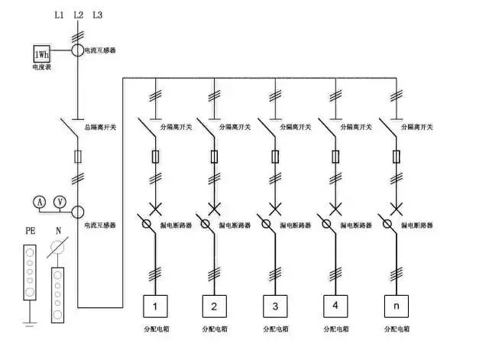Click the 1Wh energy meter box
click(40, 54)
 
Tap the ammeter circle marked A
click(39, 201)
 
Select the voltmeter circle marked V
click(60, 201)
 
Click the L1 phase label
click(60, 15)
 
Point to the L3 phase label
click(96, 15)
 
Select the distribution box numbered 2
click(215, 306)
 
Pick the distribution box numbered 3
click(275, 306)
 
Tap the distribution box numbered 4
click(335, 306)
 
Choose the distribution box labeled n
click(395, 306)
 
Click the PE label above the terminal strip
click(30, 232)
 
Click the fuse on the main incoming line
click(77, 157)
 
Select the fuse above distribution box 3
click(275, 157)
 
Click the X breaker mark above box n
click(395, 207)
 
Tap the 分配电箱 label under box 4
click(334, 329)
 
